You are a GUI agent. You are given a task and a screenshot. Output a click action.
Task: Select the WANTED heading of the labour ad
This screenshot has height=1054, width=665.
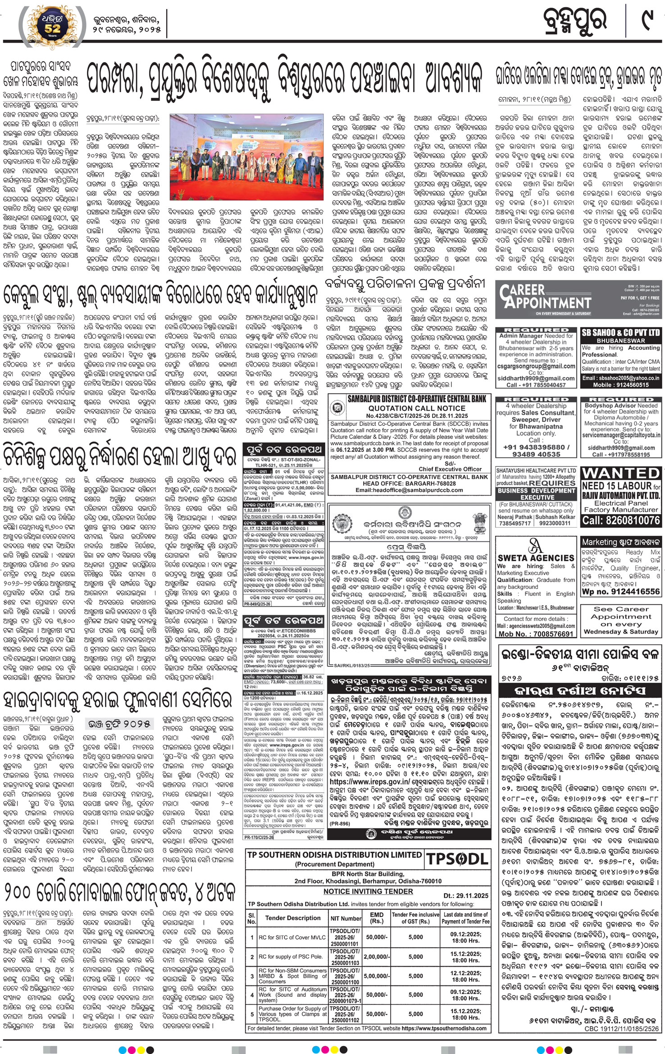pyautogui.click(x=620, y=474)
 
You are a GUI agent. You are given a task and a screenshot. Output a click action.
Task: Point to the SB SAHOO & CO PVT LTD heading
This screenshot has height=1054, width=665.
pyautogui.click(x=620, y=333)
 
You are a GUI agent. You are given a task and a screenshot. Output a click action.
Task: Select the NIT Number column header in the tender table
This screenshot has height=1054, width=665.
pyautogui.click(x=346, y=918)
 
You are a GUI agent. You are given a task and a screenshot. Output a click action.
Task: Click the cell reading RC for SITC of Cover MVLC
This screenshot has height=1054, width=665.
pyautogui.click(x=292, y=937)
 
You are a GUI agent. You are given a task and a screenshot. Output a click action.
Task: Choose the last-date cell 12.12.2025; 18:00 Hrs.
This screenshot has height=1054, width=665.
pyautogui.click(x=466, y=976)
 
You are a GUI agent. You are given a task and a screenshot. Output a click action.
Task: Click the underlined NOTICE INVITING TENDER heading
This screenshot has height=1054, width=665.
pyautogui.click(x=368, y=891)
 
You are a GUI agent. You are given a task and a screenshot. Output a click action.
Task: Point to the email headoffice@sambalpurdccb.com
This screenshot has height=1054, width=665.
pyautogui.click(x=409, y=490)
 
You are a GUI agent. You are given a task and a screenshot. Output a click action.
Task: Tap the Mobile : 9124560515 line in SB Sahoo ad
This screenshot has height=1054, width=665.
pyautogui.click(x=620, y=385)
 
